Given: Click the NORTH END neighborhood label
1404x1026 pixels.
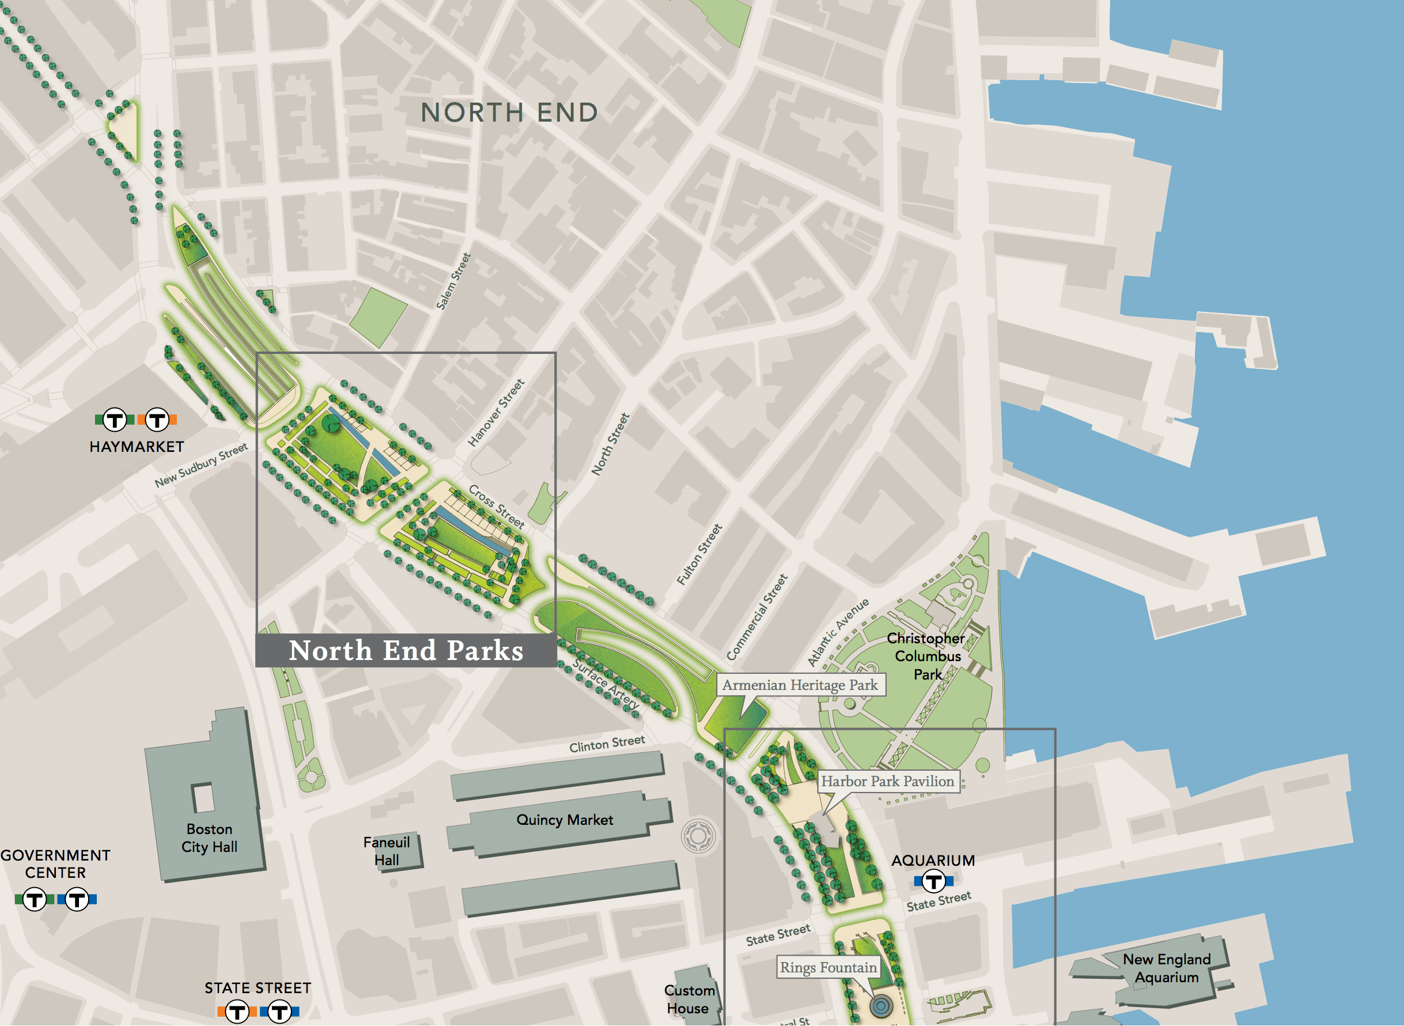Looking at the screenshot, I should click(509, 113).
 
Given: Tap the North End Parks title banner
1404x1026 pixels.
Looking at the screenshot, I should click(406, 651).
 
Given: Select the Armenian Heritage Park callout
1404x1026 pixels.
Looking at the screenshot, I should click(800, 685).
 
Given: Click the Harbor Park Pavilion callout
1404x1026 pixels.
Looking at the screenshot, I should click(888, 781).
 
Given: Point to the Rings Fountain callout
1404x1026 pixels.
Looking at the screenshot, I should click(828, 968).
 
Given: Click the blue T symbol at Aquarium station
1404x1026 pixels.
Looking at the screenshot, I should click(933, 881).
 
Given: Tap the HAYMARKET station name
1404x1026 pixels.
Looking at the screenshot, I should click(137, 447).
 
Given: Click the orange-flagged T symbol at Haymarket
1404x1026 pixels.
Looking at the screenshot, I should click(158, 420).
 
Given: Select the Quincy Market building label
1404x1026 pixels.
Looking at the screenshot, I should click(564, 820).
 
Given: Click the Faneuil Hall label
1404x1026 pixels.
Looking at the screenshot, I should click(386, 851).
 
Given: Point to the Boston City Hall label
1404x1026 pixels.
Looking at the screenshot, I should click(209, 838).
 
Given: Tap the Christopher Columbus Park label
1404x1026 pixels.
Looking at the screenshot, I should click(928, 656).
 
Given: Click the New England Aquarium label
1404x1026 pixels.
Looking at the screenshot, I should click(1166, 968).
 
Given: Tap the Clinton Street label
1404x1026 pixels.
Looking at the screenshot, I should click(607, 744).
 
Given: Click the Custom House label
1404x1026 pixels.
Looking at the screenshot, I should click(689, 999).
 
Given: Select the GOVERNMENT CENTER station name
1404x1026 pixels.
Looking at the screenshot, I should click(55, 864).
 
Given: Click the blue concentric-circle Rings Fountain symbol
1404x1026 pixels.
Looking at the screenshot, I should click(881, 1005).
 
